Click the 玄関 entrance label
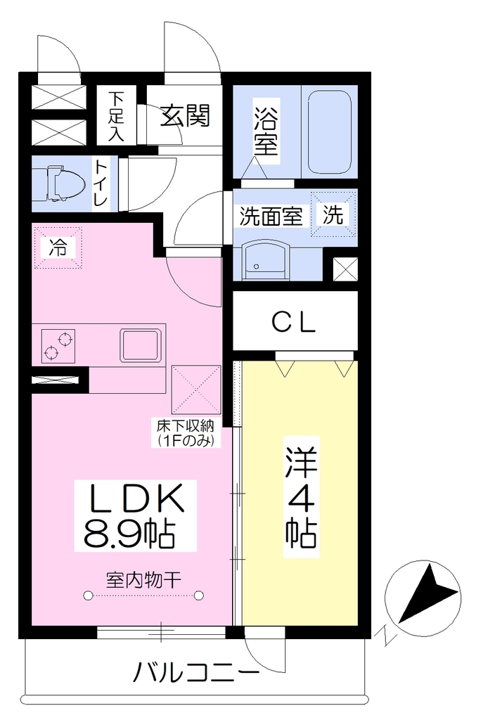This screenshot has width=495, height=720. click(185, 115)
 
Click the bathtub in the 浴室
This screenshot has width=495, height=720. click(329, 132)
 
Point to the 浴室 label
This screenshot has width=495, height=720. click(266, 132)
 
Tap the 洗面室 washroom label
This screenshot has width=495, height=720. click(271, 217)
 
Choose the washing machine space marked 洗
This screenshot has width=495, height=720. click(333, 214)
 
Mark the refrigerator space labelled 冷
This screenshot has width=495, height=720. click(58, 247)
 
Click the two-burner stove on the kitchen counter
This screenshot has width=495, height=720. click(58, 346)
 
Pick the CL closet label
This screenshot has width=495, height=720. click(294, 322)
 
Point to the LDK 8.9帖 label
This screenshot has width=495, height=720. click(136, 515)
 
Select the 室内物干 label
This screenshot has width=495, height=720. click(143, 580)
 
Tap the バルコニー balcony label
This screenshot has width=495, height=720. click(196, 674)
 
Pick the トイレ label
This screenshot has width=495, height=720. click(101, 183)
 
